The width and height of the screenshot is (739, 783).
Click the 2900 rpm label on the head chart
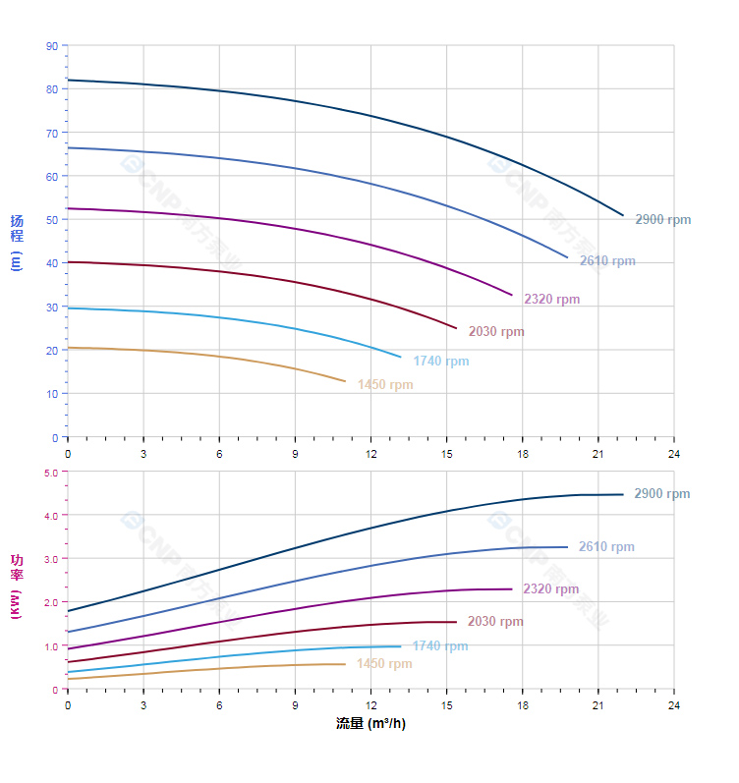[x=663, y=220]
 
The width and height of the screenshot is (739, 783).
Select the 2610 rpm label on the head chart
[x=607, y=261]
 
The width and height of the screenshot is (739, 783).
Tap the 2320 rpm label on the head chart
[x=551, y=300]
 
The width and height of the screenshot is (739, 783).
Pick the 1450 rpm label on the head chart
[x=385, y=385]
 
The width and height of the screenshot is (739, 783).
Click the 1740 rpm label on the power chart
[x=440, y=646]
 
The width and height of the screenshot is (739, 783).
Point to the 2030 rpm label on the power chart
[x=495, y=622]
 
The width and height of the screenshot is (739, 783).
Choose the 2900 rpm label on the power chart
[x=662, y=494]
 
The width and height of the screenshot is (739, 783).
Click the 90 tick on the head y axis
[x=52, y=46]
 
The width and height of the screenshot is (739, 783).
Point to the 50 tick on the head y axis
[x=52, y=220]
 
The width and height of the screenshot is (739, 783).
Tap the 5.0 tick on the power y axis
[x=51, y=473]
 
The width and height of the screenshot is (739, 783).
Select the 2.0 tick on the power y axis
[x=51, y=602]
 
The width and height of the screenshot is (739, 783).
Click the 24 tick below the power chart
[x=674, y=705]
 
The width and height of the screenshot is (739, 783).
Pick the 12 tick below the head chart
[x=370, y=454]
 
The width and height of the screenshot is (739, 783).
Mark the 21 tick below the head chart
[x=597, y=454]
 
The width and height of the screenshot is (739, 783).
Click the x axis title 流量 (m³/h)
[x=370, y=724]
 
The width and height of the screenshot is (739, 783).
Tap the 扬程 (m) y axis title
[x=17, y=242]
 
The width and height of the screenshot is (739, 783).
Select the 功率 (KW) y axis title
[x=17, y=586]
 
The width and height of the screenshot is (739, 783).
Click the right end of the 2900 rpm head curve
[x=623, y=215]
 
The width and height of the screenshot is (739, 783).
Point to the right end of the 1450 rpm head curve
[x=346, y=381]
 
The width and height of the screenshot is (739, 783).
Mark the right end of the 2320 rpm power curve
[x=512, y=589]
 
